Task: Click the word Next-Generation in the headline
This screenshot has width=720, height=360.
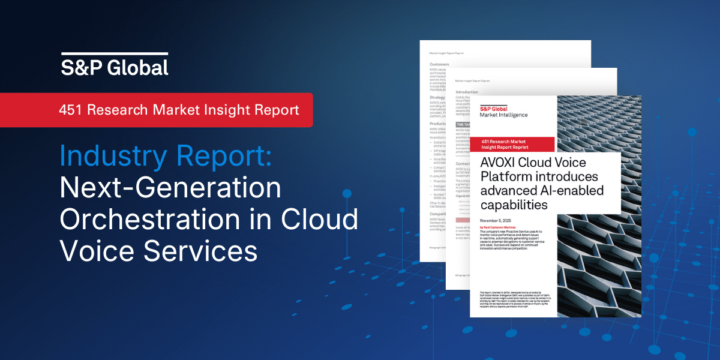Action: tap(170, 188)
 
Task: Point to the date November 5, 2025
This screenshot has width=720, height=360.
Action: tap(496, 221)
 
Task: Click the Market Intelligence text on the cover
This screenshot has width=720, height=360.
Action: tap(503, 115)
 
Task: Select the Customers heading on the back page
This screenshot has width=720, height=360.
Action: tap(440, 63)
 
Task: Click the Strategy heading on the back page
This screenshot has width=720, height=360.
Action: tap(439, 97)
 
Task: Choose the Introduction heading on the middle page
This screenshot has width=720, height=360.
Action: tap(467, 92)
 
